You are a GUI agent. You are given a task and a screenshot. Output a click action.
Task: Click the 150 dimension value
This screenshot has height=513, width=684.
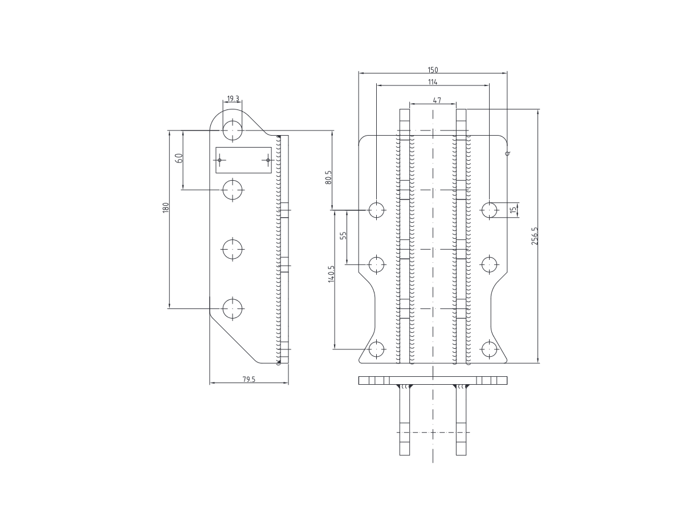coord(433,70)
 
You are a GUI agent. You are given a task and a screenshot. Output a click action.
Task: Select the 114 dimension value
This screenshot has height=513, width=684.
coord(433,82)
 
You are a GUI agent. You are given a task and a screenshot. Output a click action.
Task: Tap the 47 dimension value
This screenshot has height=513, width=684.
coord(437,100)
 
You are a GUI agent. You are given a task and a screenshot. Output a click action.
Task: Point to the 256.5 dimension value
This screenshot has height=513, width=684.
coord(534,236)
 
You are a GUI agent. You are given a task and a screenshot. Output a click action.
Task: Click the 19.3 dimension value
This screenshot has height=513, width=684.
coord(233,99)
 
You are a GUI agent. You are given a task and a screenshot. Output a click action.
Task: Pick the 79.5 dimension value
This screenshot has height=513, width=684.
coord(249,379)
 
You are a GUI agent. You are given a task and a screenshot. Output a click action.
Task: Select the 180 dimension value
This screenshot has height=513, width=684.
coord(166,207)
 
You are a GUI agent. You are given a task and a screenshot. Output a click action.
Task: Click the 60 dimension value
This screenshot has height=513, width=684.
coord(178,159)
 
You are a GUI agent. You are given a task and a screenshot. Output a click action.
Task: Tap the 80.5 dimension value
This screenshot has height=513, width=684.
coord(328,177)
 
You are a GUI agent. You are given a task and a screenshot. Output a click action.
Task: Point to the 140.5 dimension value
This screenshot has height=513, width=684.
coord(331,275)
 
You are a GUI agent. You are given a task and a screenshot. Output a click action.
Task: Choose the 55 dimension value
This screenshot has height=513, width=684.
coord(343,236)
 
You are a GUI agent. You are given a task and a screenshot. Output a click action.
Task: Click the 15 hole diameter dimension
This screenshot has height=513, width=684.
coord(514,210)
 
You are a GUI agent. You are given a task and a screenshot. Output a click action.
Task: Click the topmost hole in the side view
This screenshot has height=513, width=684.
coord(233,130)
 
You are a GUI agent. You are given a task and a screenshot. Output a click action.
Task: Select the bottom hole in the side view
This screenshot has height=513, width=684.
coord(233,308)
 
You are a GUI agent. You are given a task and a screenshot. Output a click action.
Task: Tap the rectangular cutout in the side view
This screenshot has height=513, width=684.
coord(243,160)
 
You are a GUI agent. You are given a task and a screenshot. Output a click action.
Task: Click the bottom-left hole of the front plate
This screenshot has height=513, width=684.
coord(376,349)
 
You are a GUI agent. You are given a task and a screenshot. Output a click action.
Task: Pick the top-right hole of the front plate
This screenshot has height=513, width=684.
coord(489,210)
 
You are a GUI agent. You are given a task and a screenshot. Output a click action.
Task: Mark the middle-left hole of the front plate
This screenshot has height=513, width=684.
coord(376,264)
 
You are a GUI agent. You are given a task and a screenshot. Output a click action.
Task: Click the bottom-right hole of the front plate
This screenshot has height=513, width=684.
coord(489,349)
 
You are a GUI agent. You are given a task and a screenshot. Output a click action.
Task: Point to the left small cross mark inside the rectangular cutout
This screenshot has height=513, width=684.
coord(219,160)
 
